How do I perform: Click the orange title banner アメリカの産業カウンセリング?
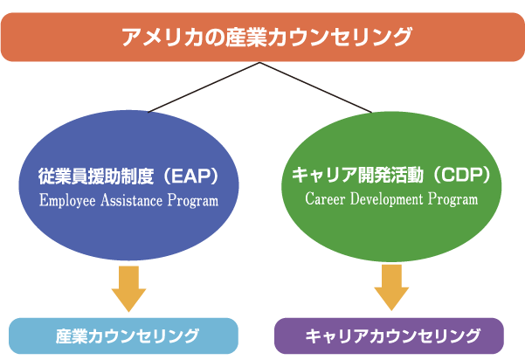262,38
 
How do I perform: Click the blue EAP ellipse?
129,185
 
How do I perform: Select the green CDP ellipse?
391,186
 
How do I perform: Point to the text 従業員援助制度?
96,177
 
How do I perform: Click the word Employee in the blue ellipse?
67,201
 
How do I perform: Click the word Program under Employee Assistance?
193,201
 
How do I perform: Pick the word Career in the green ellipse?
325,199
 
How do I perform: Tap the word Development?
387,199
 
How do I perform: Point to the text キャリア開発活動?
357,175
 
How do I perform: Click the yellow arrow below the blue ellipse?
129,288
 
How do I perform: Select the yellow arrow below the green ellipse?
391,287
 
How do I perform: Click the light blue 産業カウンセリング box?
123,336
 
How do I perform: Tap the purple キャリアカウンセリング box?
389,336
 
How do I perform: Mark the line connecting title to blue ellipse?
204,87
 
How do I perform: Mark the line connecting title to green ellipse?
316,87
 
